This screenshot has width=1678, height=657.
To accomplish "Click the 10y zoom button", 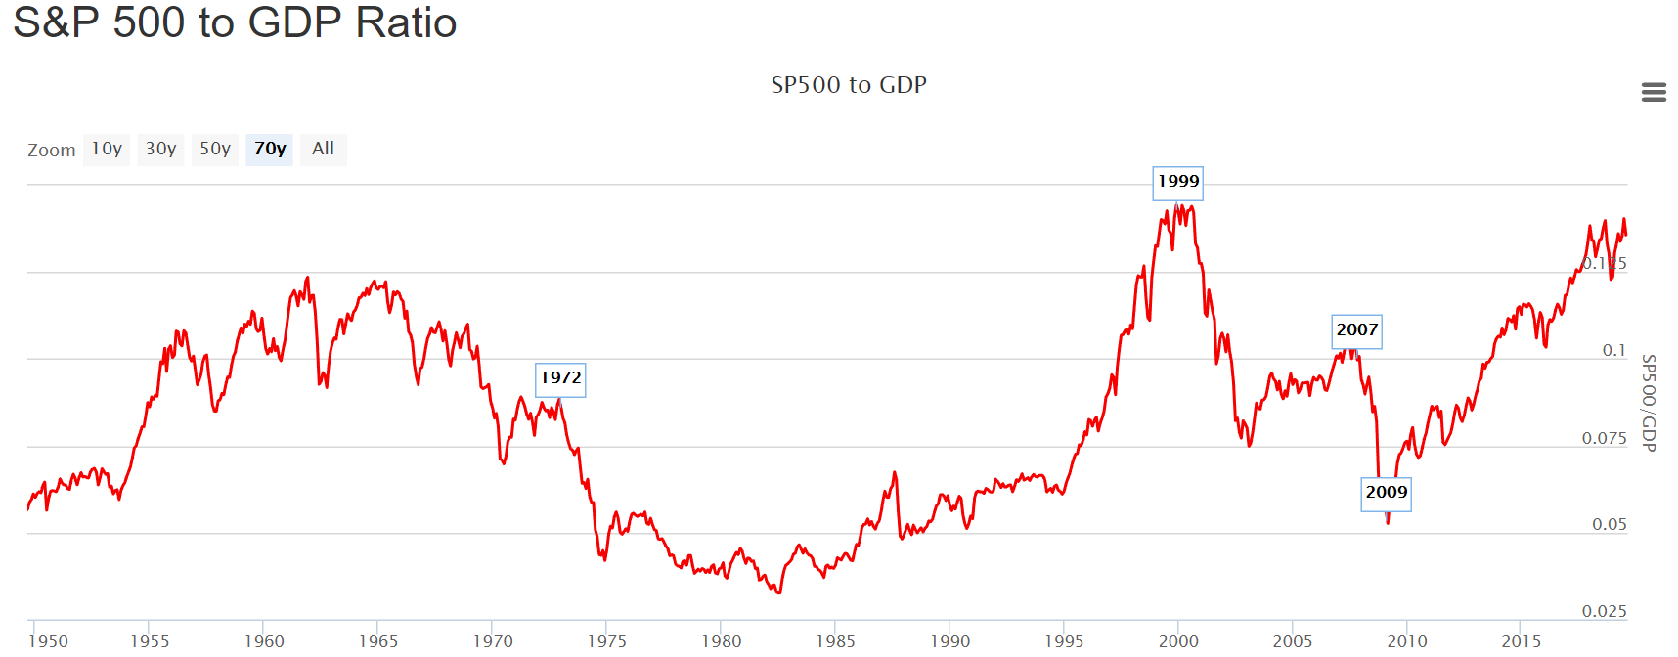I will click(x=107, y=149).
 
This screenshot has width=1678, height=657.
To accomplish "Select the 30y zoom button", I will click(x=160, y=149).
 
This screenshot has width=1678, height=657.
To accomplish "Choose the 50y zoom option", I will click(x=215, y=149).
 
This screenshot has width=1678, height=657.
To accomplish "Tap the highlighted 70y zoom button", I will click(x=270, y=149).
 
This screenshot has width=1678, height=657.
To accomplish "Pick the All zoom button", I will click(x=323, y=149).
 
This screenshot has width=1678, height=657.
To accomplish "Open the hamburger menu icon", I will click(x=1654, y=92).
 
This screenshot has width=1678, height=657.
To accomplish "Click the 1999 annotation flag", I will click(x=1177, y=182).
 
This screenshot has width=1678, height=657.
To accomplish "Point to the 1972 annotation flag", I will click(x=560, y=378).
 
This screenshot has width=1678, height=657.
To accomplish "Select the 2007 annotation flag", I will click(x=1356, y=330).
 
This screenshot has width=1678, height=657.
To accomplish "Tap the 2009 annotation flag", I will click(x=1387, y=493).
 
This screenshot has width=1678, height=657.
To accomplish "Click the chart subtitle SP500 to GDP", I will click(x=849, y=85).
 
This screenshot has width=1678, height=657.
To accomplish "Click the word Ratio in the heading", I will click(x=406, y=22).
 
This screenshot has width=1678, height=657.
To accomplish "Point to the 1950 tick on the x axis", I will click(x=48, y=641).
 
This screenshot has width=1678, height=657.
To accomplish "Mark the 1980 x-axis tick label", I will click(x=722, y=641).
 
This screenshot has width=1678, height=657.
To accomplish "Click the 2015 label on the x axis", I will click(x=1521, y=641).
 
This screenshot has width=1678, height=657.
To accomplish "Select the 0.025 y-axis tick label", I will click(x=1604, y=611).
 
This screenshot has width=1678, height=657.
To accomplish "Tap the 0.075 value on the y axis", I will click(x=1604, y=438).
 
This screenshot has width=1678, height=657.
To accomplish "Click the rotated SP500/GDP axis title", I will click(x=1649, y=403).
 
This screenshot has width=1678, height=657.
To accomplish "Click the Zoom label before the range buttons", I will click(x=52, y=151).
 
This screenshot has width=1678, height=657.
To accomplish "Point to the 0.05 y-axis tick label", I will click(x=1609, y=525).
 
